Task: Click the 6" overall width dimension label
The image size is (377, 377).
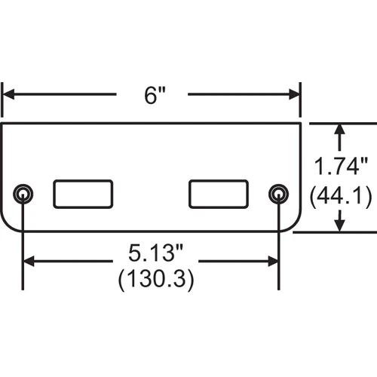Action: click(155, 95)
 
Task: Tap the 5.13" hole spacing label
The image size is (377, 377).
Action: click(155, 253)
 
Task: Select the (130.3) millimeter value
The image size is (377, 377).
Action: click(156, 278)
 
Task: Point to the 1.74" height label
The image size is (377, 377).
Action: click(341, 166)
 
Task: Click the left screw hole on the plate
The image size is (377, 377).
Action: click(23, 195)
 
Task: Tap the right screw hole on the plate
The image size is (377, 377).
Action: click(278, 195)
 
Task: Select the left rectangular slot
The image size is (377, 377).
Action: click(83, 194)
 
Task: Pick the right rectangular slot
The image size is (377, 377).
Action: click(219, 194)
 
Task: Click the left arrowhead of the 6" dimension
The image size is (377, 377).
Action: click(8, 94)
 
